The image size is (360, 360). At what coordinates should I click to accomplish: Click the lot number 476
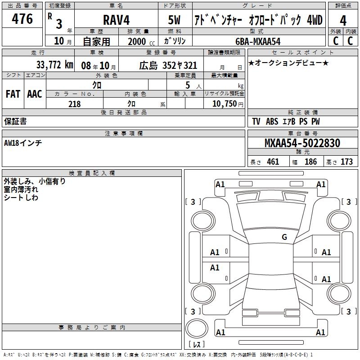click(x=22, y=19)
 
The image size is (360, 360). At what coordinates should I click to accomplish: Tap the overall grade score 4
click(x=343, y=20)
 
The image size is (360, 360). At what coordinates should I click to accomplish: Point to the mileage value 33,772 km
click(x=54, y=64)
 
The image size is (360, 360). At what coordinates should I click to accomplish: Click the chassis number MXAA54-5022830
click(x=302, y=143)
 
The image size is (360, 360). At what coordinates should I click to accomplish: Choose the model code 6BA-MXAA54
click(x=258, y=41)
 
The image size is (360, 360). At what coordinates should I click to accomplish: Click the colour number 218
click(x=74, y=104)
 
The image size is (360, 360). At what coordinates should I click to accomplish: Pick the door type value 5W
click(x=175, y=20)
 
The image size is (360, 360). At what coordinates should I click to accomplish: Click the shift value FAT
click(x=13, y=94)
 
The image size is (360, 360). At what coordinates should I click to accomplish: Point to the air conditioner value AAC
click(x=34, y=94)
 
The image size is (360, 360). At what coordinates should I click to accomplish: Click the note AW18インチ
click(x=23, y=143)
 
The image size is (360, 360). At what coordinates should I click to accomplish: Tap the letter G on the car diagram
click(x=284, y=237)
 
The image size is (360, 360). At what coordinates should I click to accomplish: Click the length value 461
click(x=273, y=162)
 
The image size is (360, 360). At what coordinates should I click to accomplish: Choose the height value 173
click(x=346, y=162)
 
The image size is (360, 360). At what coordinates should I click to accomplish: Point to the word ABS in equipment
click(x=272, y=121)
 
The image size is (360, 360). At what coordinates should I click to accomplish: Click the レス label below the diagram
click(x=197, y=345)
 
